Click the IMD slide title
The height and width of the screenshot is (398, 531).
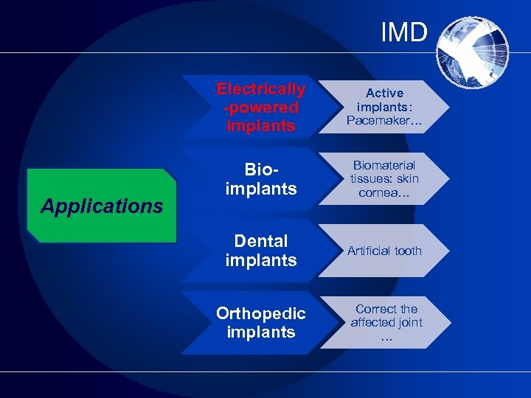[x=404, y=32]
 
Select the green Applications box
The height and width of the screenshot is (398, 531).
[x=102, y=206]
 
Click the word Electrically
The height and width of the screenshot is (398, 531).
[x=260, y=89]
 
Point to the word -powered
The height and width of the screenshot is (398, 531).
[x=260, y=108]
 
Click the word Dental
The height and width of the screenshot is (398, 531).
[x=260, y=241]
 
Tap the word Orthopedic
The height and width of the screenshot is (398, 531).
[x=260, y=313]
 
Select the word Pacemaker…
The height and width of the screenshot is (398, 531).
[x=384, y=120]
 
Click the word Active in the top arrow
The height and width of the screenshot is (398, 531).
[x=384, y=93]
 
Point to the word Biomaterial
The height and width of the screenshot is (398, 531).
[x=384, y=165]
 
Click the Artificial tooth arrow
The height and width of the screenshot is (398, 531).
[x=384, y=251]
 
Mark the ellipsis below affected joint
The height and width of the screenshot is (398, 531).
[x=386, y=337]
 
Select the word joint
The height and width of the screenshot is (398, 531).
[x=409, y=322]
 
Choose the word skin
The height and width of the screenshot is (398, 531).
[x=406, y=178]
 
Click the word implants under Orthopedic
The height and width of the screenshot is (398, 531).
[x=260, y=332]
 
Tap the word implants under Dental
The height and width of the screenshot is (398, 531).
[x=260, y=260]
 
